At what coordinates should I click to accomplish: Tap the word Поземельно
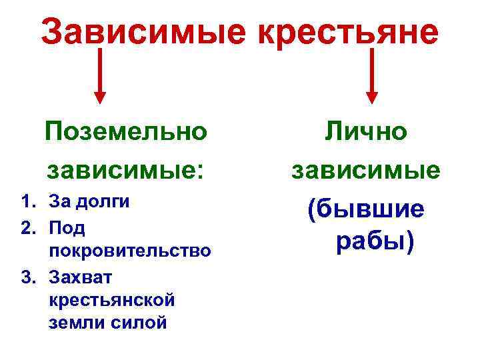(126, 131)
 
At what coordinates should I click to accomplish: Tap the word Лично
(365, 131)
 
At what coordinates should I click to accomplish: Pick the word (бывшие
(365, 209)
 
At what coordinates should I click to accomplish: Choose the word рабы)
(375, 241)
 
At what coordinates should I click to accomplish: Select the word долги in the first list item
(103, 203)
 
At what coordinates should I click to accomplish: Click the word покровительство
(130, 251)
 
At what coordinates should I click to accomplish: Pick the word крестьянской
(112, 299)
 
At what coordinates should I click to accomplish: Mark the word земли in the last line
(73, 323)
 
